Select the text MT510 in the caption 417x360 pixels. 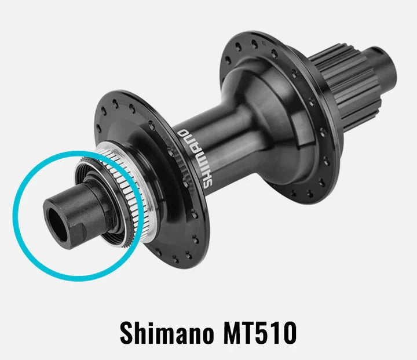(x=259, y=333)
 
